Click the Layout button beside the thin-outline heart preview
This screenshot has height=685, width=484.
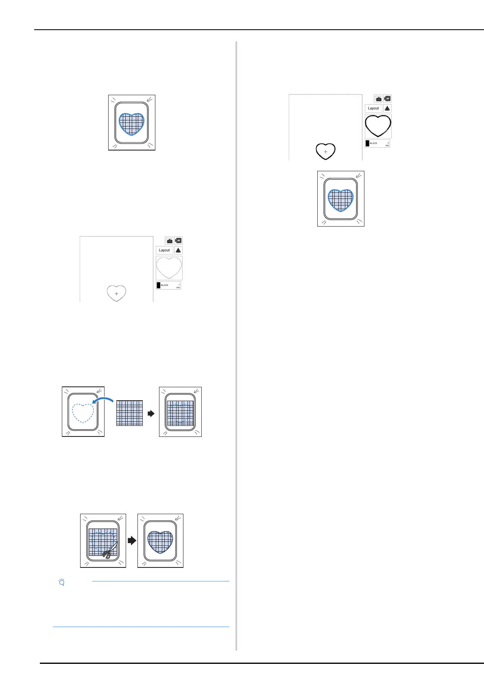[x=164, y=250]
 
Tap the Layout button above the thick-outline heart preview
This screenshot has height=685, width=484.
[x=373, y=108]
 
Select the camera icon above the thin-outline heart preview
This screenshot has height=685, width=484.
[x=169, y=241]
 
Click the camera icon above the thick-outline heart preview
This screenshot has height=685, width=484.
[x=378, y=99]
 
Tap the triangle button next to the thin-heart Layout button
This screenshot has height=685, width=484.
[x=178, y=250]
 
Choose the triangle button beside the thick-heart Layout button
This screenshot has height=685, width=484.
[x=387, y=108]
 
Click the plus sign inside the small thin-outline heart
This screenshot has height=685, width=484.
[x=117, y=294]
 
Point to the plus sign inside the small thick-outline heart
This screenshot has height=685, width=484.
[x=325, y=152]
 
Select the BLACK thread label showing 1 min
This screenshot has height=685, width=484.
[x=168, y=285]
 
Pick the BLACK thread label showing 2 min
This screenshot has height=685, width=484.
[x=377, y=143]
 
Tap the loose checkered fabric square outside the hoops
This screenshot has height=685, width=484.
[x=129, y=413]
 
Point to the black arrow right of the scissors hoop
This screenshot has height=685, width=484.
[x=132, y=541]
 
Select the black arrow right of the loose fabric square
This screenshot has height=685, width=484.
[x=151, y=413]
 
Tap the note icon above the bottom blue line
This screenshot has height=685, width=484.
[x=62, y=582]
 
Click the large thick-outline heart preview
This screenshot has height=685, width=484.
[x=378, y=126]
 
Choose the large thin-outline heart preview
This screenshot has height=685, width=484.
[x=169, y=268]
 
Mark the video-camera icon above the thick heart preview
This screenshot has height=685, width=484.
[x=388, y=99]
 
